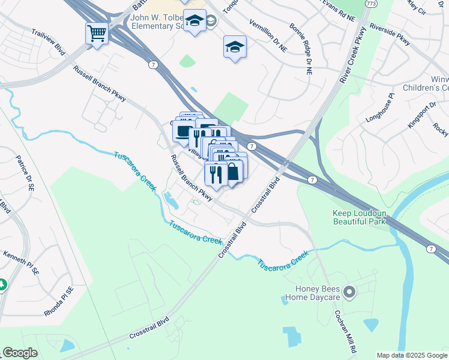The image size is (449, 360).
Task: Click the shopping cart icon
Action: [x=97, y=33]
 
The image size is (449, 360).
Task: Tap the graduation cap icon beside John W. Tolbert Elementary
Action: [x=194, y=21]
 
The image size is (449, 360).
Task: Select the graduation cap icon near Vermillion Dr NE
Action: [x=235, y=46]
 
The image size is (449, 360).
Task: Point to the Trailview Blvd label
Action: [x=48, y=38]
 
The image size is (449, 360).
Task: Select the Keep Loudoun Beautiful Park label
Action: [x=358, y=217]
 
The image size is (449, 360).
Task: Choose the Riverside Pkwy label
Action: [x=390, y=34]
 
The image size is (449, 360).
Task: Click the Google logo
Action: [x=20, y=353]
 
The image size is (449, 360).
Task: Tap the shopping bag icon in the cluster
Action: [x=233, y=172]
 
